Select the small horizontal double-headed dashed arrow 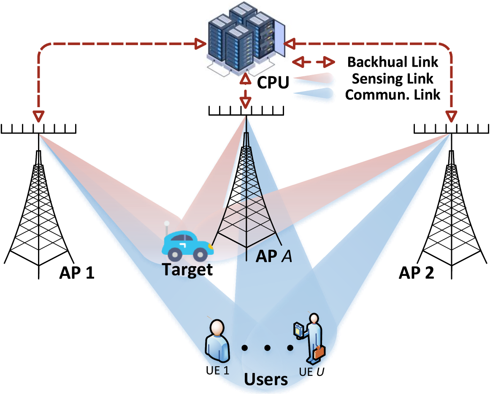click(314, 62)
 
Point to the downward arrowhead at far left click(38, 116)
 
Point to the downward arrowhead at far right click(452, 116)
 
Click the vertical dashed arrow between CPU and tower click(246, 91)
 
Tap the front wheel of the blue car click(200, 254)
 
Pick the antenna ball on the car click(167, 223)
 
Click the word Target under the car click(186, 270)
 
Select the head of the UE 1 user click(217, 327)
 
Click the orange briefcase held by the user click(319, 351)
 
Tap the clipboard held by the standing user click(299, 330)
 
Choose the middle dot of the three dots click(267, 348)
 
